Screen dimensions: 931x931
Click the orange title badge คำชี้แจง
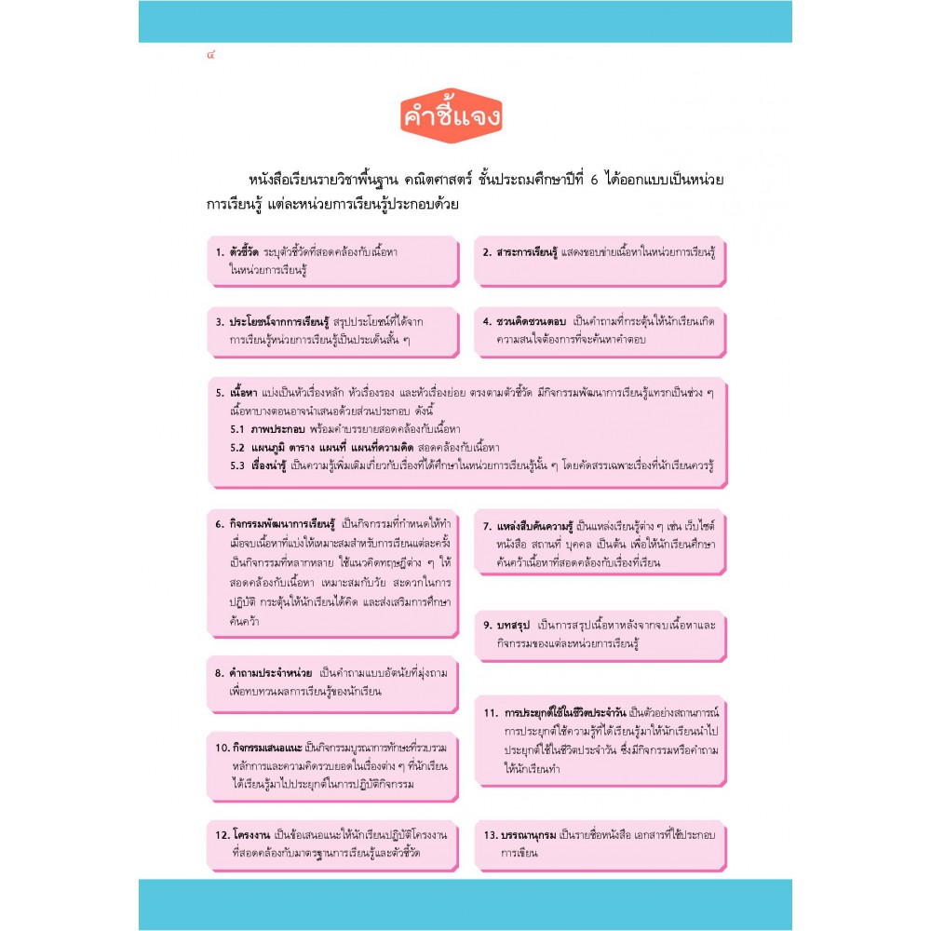click(x=452, y=118)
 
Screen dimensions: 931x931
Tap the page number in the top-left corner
click(x=212, y=56)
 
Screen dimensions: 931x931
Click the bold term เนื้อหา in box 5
click(x=244, y=393)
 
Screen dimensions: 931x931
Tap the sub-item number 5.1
click(x=236, y=429)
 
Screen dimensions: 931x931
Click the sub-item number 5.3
click(x=236, y=465)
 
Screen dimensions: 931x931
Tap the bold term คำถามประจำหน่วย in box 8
click(x=271, y=672)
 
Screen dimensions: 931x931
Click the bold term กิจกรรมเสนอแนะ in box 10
click(x=267, y=748)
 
